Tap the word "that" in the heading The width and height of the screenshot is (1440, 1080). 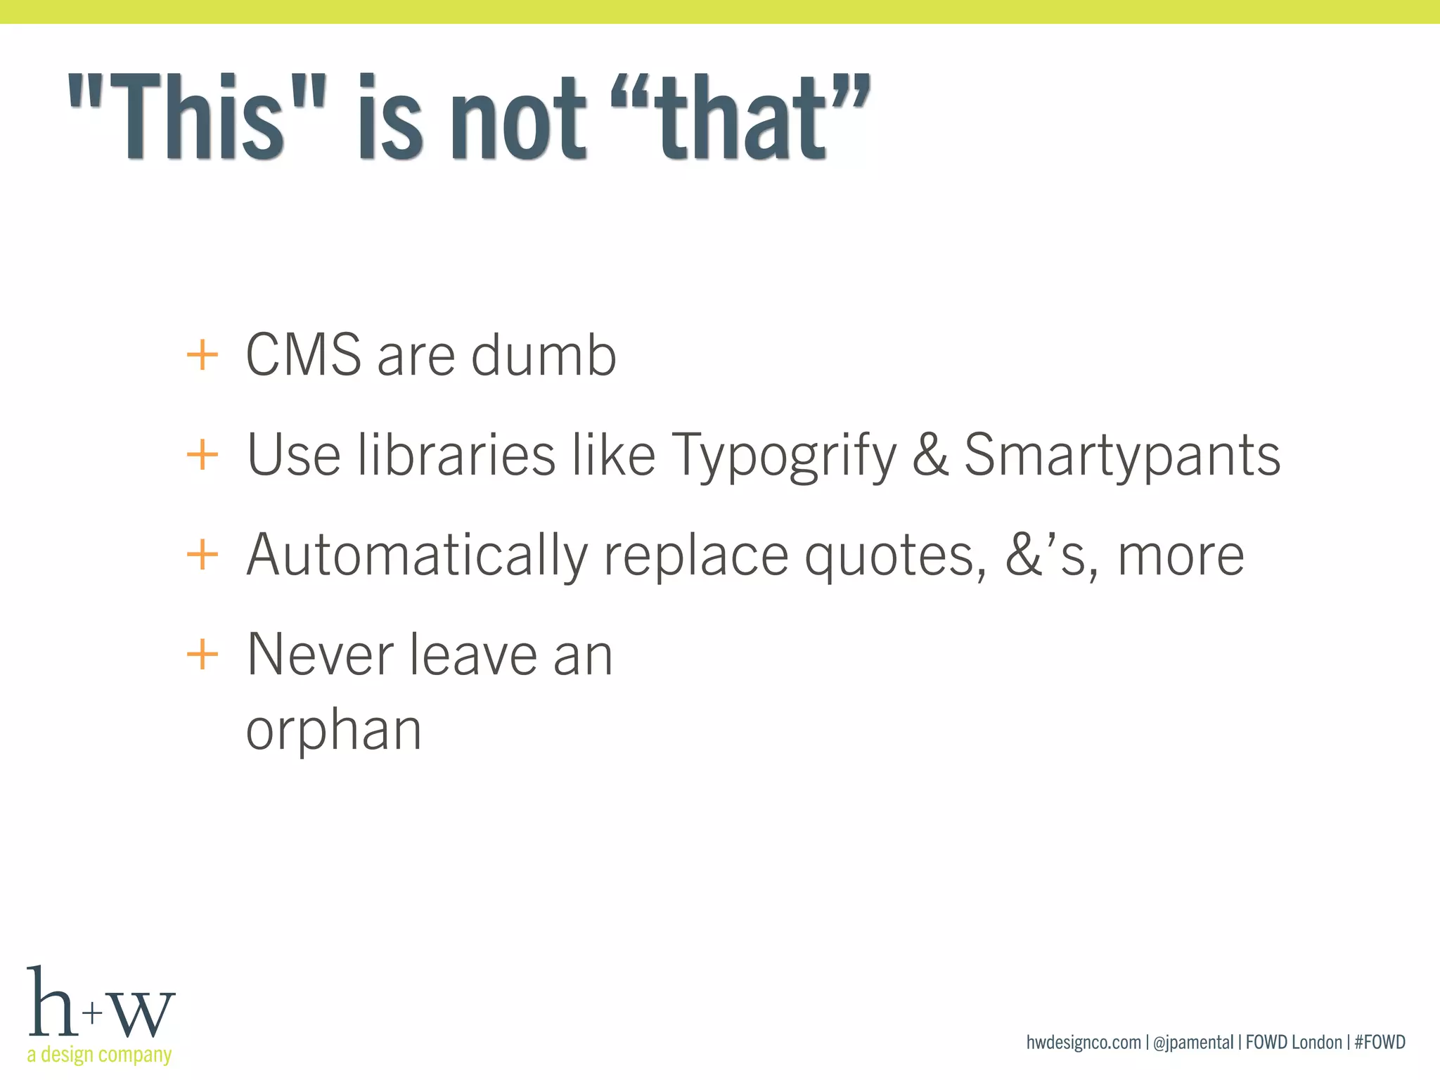point(742,118)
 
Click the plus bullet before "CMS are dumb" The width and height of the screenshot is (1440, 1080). point(202,355)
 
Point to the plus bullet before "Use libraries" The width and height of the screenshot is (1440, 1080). point(202,455)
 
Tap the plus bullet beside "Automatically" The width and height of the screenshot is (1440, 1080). point(202,555)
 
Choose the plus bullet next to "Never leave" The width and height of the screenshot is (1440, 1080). point(202,655)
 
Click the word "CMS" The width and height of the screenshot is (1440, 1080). point(304,355)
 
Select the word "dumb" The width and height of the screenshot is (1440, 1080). point(544,355)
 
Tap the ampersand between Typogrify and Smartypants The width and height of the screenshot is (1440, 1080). point(930,455)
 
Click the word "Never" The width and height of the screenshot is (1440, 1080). point(320,655)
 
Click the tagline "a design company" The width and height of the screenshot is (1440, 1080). point(99,1055)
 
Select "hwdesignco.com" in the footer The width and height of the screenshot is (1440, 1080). point(1084,1042)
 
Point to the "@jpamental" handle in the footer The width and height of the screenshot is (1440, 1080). point(1193,1042)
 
